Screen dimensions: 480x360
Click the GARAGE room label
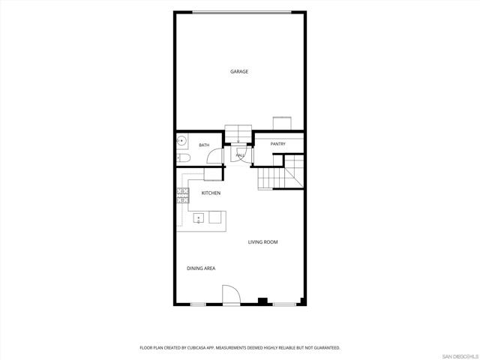pyautogui.click(x=239, y=72)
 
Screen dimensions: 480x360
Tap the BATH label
pyautogui.click(x=204, y=145)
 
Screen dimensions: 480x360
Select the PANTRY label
pyautogui.click(x=278, y=144)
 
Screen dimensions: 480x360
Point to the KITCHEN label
pyautogui.click(x=211, y=193)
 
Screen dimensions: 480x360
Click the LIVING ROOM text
pyautogui.click(x=263, y=242)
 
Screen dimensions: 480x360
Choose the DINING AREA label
pyautogui.click(x=201, y=268)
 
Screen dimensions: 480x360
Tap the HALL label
pyautogui.click(x=240, y=155)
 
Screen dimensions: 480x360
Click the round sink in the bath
pyautogui.click(x=181, y=141)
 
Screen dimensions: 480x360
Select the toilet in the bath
pyautogui.click(x=184, y=158)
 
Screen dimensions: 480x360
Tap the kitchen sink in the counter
pyautogui.click(x=198, y=218)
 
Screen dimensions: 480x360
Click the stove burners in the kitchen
pyautogui.click(x=183, y=196)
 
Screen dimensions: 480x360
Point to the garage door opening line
pyautogui.click(x=241, y=13)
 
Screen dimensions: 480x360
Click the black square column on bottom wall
pyautogui.click(x=262, y=301)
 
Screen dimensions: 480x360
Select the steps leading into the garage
pyautogui.click(x=238, y=133)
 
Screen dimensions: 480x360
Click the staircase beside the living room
pyautogui.click(x=280, y=172)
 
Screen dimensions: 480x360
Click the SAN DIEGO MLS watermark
pyautogui.click(x=460, y=357)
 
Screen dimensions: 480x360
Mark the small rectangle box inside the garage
pyautogui.click(x=282, y=123)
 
